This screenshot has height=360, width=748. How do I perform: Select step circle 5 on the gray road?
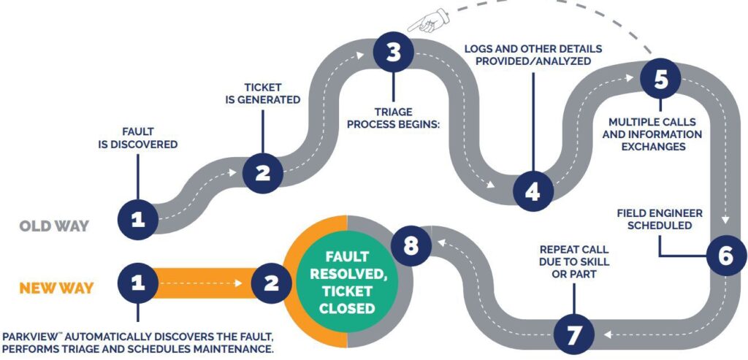point(660,79)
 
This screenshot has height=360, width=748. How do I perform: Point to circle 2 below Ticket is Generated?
point(262,173)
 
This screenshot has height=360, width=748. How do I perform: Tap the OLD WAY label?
point(55,226)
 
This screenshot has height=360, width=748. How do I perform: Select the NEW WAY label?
point(56,288)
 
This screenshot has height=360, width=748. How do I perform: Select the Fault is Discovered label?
point(138,138)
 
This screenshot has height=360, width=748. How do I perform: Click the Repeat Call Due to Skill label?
point(574,261)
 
